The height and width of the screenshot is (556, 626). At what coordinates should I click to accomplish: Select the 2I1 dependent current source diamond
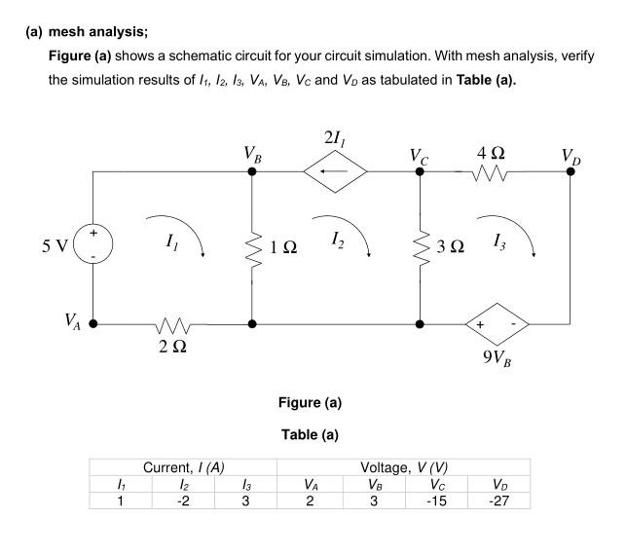[336, 172]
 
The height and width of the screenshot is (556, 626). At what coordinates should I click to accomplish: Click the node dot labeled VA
[93, 322]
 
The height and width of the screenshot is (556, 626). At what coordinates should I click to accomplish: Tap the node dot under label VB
[252, 172]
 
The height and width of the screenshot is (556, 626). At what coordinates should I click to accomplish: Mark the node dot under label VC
[420, 172]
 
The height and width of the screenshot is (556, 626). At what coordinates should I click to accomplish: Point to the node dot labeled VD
[571, 172]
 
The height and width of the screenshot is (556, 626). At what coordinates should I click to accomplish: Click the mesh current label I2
[336, 238]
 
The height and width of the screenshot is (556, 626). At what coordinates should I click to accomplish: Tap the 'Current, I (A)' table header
[185, 467]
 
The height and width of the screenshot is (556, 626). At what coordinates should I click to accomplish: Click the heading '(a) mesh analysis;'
[84, 30]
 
